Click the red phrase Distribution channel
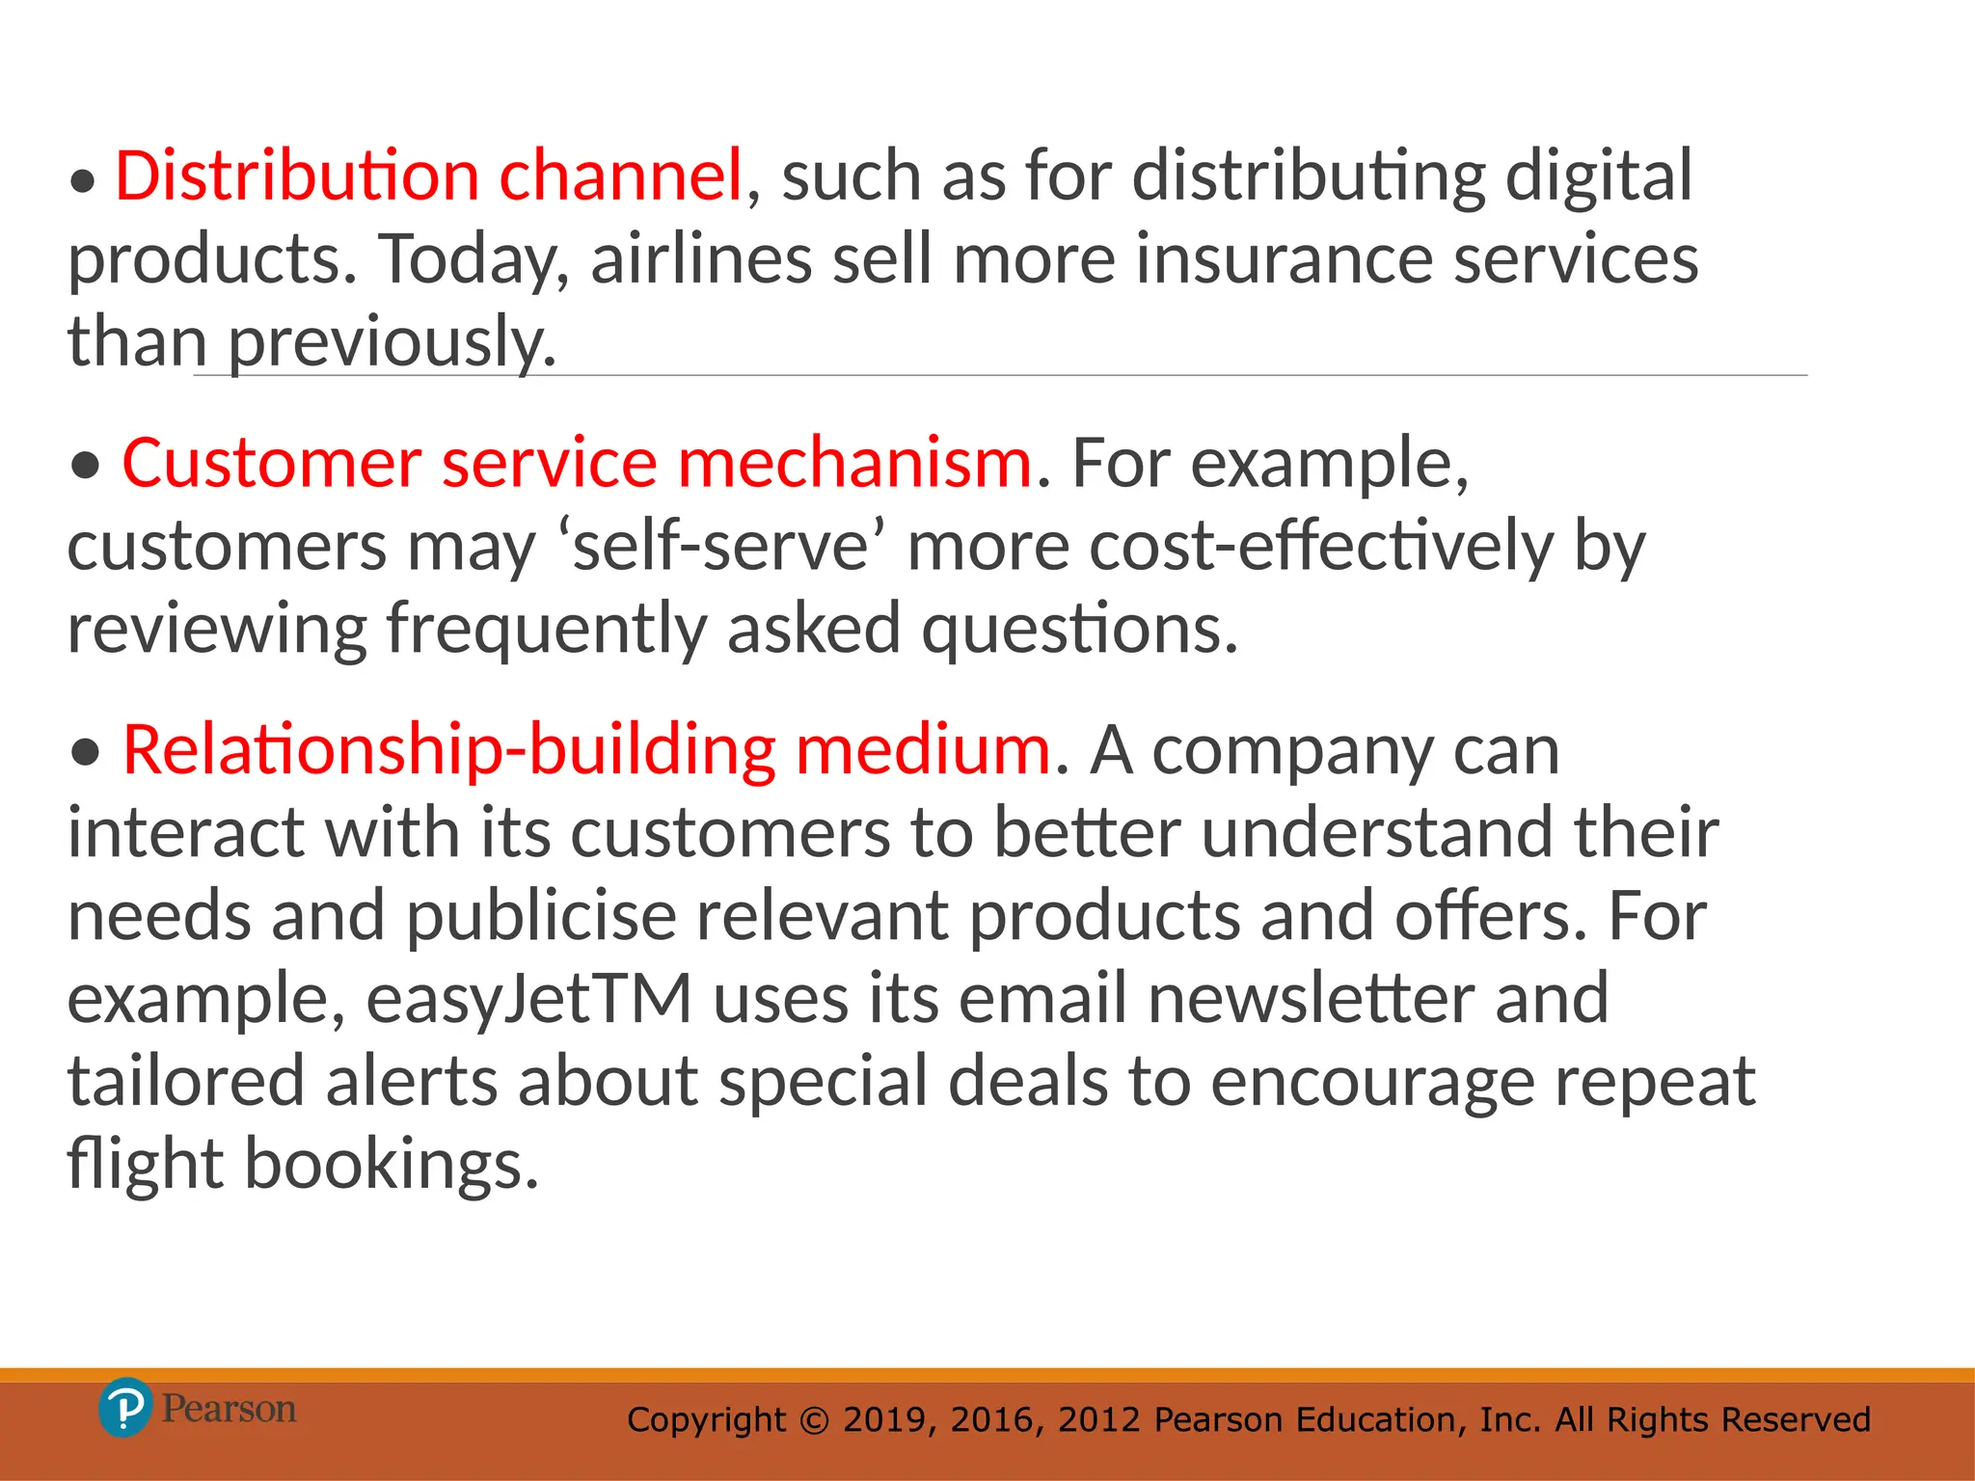tap(429, 175)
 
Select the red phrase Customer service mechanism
tap(577, 463)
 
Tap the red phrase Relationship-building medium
tap(586, 750)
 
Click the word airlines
tap(701, 258)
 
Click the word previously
tap(392, 343)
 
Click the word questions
tap(1079, 629)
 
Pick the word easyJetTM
tap(528, 999)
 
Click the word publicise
tap(541, 916)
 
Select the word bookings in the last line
tap(391, 1165)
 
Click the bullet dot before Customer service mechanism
tap(86, 467)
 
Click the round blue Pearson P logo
tap(124, 1409)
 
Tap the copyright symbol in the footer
tap(815, 1420)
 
